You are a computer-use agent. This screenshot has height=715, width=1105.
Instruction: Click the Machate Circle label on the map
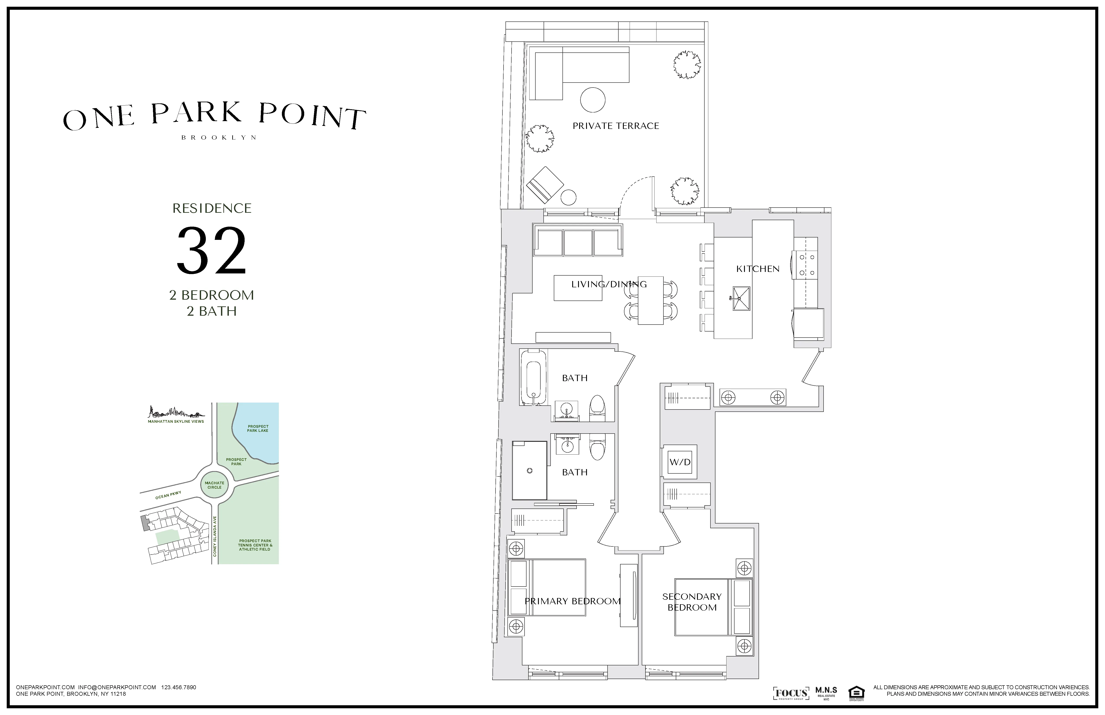(x=214, y=485)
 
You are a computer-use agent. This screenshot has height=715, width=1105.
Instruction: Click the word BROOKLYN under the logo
(x=218, y=137)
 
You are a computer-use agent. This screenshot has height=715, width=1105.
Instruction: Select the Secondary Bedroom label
(x=692, y=602)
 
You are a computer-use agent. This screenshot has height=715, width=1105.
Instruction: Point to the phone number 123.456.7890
(x=179, y=687)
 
